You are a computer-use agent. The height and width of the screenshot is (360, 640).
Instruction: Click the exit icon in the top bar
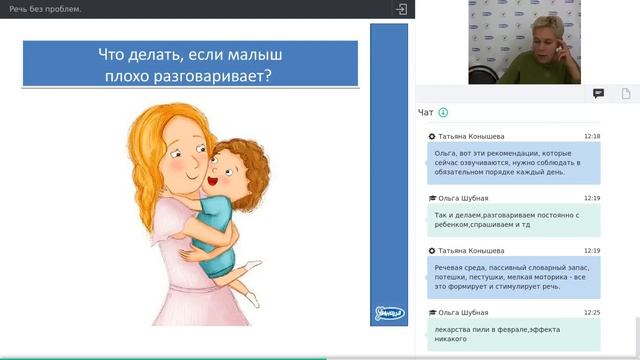click(x=402, y=9)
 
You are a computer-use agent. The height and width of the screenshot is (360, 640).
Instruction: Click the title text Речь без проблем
click(x=45, y=9)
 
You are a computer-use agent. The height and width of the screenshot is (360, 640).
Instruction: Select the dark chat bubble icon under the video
click(x=598, y=93)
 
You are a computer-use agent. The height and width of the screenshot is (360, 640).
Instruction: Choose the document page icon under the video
click(x=626, y=93)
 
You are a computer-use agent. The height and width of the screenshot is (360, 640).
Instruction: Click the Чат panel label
click(x=426, y=112)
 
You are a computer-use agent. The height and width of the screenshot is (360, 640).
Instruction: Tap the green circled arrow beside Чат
click(x=443, y=112)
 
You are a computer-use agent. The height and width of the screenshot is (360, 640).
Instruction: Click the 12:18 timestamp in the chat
click(x=592, y=136)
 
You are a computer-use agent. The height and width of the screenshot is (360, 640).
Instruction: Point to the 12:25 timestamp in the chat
click(x=592, y=313)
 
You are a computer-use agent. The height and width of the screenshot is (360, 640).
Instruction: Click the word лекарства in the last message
click(x=453, y=328)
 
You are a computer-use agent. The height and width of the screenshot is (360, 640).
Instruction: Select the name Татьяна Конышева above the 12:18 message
click(x=471, y=136)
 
